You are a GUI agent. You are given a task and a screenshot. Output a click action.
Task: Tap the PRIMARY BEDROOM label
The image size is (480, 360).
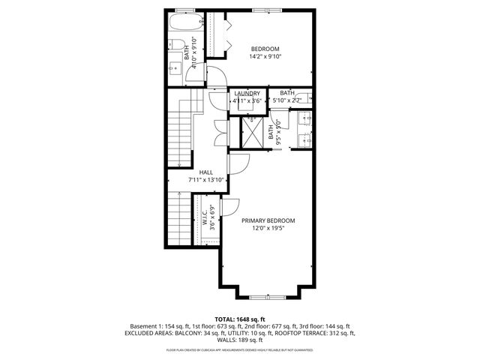click(x=268, y=220)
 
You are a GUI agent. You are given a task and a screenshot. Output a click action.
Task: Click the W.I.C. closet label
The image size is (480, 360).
click(x=204, y=218)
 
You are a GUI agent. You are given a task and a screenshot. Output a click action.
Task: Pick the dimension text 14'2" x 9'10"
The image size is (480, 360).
click(x=265, y=56)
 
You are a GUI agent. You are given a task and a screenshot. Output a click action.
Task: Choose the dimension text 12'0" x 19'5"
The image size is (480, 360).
click(x=268, y=229)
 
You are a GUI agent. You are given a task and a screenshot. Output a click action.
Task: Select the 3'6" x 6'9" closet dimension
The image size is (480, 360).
click(x=212, y=218)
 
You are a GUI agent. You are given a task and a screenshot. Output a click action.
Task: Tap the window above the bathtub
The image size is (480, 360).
click(x=184, y=10)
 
